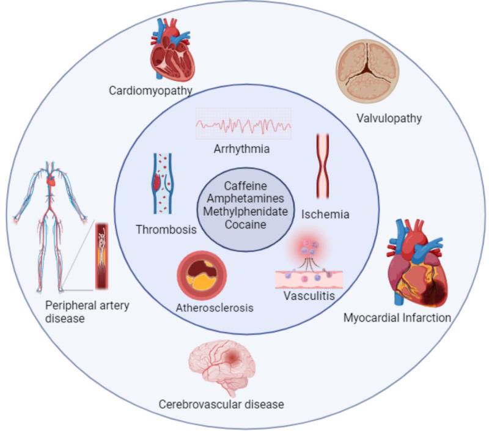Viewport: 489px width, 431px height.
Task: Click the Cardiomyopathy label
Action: click(x=150, y=91)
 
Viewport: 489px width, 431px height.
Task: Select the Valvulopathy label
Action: click(x=389, y=118)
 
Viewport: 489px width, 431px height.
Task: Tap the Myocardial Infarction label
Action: click(x=397, y=317)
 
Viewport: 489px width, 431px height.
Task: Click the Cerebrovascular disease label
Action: click(x=221, y=404)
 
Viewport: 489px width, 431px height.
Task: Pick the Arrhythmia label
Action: click(x=243, y=149)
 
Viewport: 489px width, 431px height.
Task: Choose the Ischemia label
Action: click(x=325, y=215)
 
